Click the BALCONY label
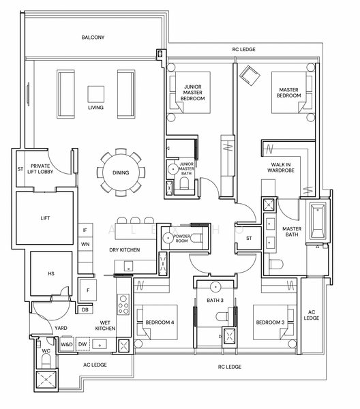[x=93, y=37]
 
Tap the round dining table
[x=121, y=172]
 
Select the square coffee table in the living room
[x=95, y=94]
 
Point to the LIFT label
[x=45, y=218]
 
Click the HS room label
[x=51, y=273]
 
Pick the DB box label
[x=85, y=310]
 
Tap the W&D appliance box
[x=67, y=344]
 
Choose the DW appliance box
[x=82, y=344]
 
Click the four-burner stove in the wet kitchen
[x=123, y=305]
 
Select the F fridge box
[x=88, y=290]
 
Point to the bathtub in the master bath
[x=318, y=222]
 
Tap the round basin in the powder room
[x=167, y=238]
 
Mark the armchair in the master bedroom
[x=250, y=76]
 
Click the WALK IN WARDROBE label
[x=281, y=168]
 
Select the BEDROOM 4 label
[x=160, y=322]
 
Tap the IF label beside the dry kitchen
[x=85, y=230]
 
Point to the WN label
[x=85, y=244]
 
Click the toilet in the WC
[x=46, y=362]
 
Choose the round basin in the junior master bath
[x=172, y=169]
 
